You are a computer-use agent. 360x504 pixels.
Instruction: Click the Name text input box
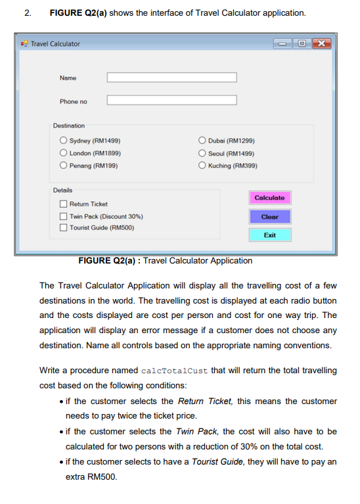tap(171, 78)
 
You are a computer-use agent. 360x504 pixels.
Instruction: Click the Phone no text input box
tap(171, 101)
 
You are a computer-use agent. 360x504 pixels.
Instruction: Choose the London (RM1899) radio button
tap(64, 153)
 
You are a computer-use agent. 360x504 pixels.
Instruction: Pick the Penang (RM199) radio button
tap(64, 166)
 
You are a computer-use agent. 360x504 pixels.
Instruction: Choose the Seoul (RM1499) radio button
tap(202, 153)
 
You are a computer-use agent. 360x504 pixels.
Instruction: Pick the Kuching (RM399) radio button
tap(202, 166)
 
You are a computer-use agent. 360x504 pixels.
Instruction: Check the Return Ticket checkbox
tap(64, 204)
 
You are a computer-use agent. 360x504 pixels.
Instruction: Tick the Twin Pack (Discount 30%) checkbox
tap(64, 216)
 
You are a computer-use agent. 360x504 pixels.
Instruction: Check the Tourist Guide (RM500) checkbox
tap(64, 228)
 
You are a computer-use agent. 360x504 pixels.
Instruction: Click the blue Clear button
tap(269, 216)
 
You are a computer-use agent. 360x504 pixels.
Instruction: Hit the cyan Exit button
tap(269, 235)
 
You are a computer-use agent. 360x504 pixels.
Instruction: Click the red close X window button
tap(321, 43)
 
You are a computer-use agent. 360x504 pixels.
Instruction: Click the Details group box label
tap(63, 191)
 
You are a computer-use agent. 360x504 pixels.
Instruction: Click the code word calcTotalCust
tap(175, 371)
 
